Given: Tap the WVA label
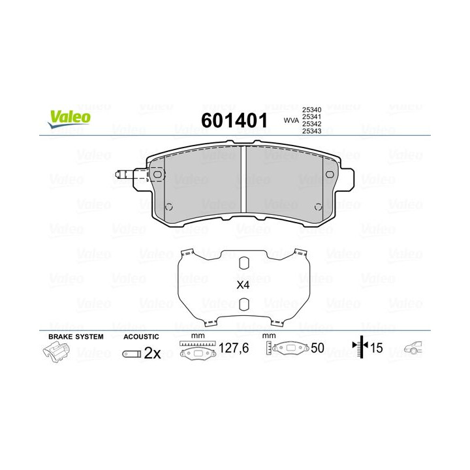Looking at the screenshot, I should pos(291,120).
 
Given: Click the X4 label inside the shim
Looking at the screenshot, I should pos(243,285).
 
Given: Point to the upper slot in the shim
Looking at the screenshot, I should pos(243,264).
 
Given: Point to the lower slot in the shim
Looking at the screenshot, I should pos(243,305).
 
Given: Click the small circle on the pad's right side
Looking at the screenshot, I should pos(318,206).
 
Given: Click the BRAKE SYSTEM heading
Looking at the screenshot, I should pos(76,336).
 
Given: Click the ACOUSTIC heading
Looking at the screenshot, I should pos(141,336).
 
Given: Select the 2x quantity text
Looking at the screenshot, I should pos(152,353).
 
